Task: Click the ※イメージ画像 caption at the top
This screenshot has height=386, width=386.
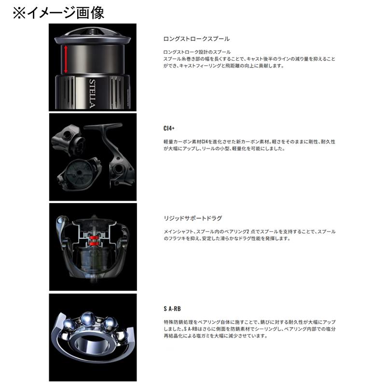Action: (x=58, y=12)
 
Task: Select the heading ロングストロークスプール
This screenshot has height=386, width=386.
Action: (x=197, y=39)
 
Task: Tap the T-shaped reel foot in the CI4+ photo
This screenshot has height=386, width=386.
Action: (x=102, y=128)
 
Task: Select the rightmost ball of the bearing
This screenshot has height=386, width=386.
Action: (x=126, y=335)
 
